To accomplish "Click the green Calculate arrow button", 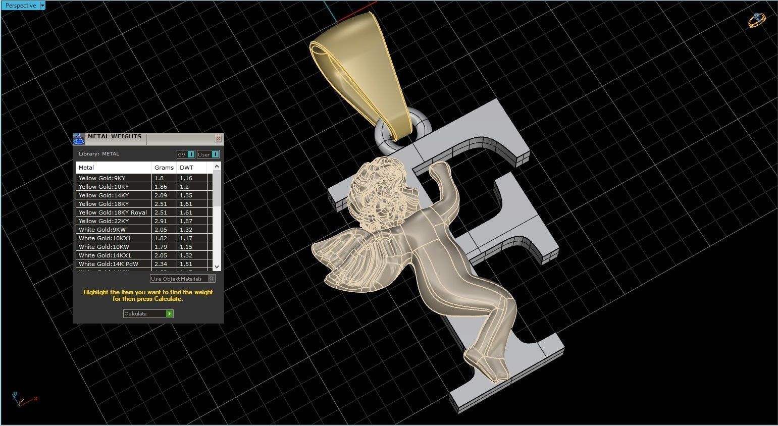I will point(169,313).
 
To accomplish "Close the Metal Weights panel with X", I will point(218,138).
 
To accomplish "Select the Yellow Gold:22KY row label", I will point(103,221).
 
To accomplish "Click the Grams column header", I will point(164,168).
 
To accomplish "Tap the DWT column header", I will point(186,168).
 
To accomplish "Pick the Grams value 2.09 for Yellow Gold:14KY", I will point(161,195).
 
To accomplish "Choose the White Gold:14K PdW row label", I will point(108,264).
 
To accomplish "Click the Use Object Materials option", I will point(182,279).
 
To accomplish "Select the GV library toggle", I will point(185,154).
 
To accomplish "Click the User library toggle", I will point(208,154).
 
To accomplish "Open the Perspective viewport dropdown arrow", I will point(42,6).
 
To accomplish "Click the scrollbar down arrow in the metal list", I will point(217,267).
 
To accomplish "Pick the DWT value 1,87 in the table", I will point(186,221).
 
